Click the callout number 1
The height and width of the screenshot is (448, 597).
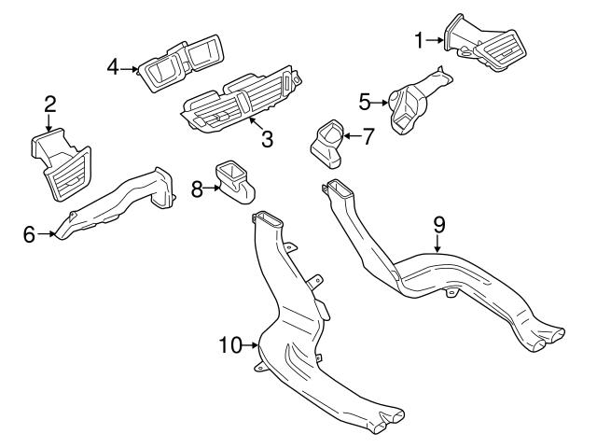point(420,39)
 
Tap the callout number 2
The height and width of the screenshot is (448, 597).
point(49,103)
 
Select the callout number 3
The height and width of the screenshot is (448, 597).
point(267,140)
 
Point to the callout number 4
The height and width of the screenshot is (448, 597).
point(114,67)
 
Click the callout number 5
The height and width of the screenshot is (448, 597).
point(366,98)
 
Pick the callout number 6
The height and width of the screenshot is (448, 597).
point(30,233)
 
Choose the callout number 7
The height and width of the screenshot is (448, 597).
point(368,135)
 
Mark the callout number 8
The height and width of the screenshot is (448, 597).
point(197,189)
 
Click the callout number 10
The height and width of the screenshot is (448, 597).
point(229,345)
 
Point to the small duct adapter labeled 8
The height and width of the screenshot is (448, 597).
point(233,180)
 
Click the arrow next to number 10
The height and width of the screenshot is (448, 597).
point(252,345)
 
